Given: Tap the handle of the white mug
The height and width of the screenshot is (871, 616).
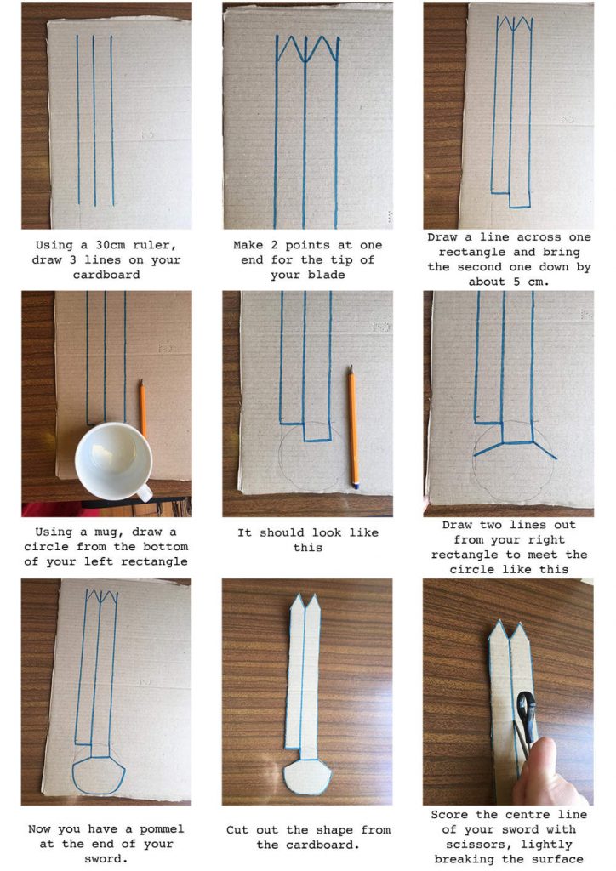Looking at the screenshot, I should coord(143,492).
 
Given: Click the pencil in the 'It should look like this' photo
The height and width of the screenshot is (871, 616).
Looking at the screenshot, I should coord(352,425).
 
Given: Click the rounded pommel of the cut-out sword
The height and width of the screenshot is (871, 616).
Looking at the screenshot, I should coord(306,776).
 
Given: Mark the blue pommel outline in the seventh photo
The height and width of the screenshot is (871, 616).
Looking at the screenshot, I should coord(98,777).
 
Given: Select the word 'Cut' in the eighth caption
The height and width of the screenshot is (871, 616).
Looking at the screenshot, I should coord(239,830).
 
